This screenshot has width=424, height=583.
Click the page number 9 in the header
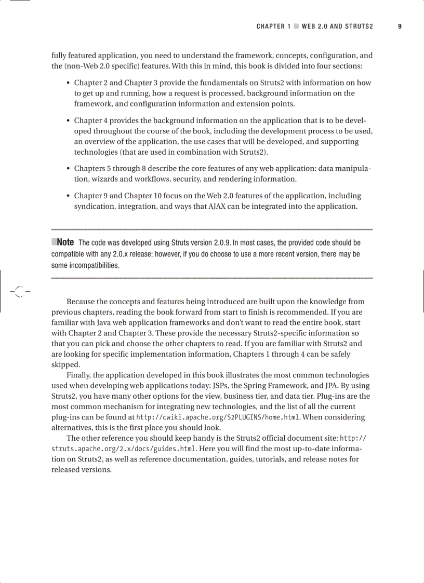coord(400,26)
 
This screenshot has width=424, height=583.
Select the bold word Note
coord(65,242)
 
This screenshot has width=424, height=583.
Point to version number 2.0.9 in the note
coord(222,243)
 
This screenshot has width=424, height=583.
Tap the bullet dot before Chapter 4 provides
coord(69,121)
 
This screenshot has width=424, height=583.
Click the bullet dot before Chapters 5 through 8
coord(69,169)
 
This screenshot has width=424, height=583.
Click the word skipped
coord(65,364)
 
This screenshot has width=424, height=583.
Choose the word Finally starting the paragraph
coord(78,375)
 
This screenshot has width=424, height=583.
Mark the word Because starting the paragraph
coord(82,302)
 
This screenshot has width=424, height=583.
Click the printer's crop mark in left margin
coord(19,292)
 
